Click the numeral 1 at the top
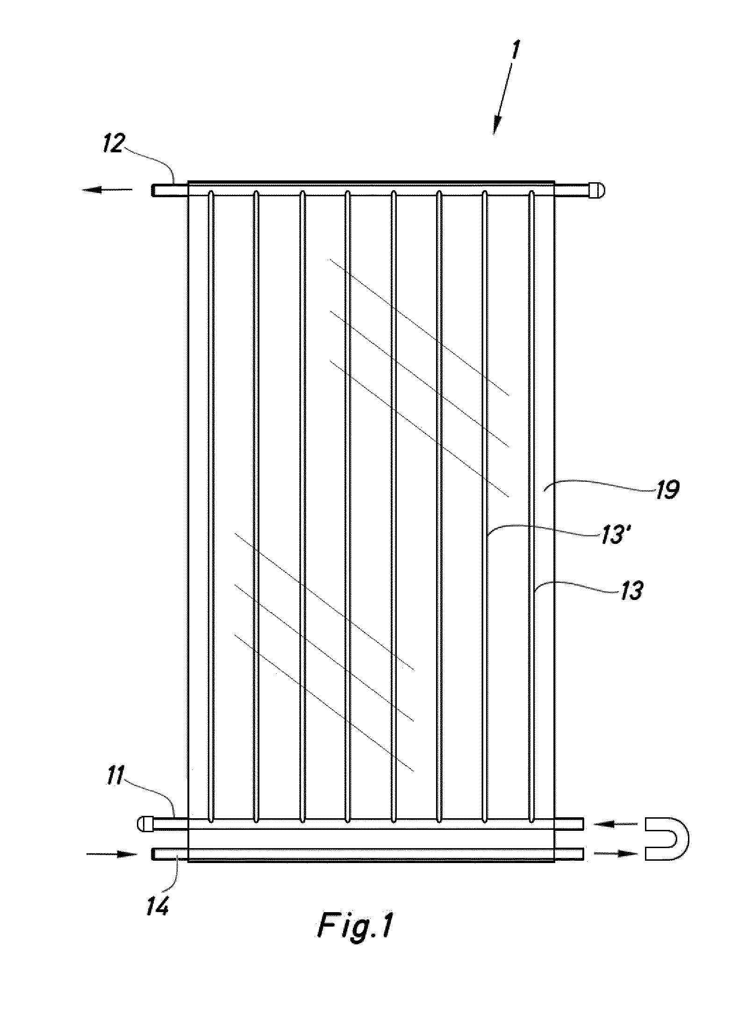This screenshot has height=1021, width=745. click(514, 55)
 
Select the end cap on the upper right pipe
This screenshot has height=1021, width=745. click(596, 190)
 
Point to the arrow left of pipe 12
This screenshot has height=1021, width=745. click(107, 190)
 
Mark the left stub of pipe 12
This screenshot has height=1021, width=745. click(170, 190)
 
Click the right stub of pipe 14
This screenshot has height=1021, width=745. click(569, 854)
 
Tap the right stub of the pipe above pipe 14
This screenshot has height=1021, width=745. click(569, 824)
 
